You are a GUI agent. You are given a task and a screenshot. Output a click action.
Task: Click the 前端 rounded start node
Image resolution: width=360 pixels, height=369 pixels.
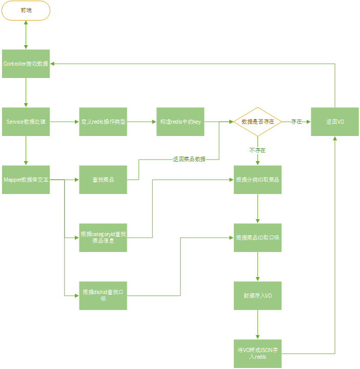point(26,10)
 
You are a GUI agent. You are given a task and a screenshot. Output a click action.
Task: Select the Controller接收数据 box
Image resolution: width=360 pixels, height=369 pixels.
point(26,64)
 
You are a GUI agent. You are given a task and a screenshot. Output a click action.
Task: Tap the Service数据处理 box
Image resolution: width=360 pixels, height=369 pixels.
point(26,122)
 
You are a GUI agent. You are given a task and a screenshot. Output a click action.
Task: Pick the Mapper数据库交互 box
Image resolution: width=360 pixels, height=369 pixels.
point(26,180)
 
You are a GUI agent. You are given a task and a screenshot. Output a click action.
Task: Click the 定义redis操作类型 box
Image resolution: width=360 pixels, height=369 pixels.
point(103,122)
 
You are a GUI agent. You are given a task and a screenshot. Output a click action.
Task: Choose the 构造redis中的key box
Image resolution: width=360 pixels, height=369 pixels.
point(181,122)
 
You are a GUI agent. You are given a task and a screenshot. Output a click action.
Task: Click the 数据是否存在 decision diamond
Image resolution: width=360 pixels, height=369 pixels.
point(257,122)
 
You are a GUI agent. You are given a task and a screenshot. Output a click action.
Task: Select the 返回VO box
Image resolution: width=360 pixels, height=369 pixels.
point(335,122)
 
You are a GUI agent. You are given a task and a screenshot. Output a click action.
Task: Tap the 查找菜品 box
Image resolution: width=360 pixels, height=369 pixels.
point(103,180)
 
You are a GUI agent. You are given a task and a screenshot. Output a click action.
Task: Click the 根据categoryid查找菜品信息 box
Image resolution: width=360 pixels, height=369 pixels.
point(103,238)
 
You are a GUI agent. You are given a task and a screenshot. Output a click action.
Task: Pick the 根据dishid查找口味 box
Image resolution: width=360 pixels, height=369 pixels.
point(103,296)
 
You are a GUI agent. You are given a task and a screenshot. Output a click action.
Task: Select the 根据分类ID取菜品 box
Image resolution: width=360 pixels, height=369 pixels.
point(257,180)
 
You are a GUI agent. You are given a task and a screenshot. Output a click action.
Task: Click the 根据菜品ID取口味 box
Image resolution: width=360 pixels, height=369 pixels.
point(257,238)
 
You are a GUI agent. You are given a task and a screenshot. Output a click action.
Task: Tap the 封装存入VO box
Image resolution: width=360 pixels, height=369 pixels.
point(257,296)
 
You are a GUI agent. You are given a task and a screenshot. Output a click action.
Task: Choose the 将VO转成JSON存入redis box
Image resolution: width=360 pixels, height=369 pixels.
point(257,354)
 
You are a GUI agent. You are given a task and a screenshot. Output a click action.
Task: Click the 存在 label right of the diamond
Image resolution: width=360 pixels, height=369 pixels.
point(296,122)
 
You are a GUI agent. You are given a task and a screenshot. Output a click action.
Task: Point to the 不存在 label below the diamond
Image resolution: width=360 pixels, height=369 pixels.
point(257,150)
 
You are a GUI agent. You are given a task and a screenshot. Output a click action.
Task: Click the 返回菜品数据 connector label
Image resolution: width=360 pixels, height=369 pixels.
point(189,159)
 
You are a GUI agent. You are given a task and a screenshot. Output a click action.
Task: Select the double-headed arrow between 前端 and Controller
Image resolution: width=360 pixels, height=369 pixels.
point(26,35)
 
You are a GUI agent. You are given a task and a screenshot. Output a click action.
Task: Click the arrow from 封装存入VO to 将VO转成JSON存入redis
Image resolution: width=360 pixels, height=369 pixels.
point(257,324)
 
